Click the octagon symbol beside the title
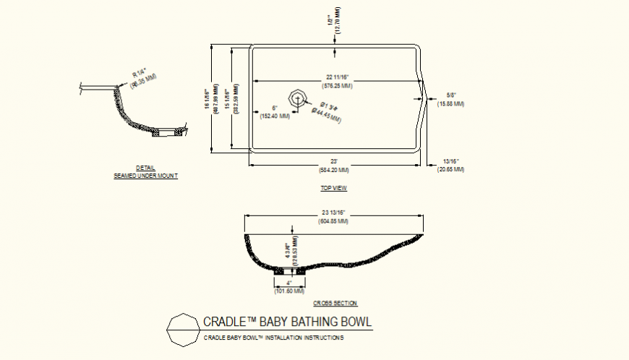(x=181, y=330)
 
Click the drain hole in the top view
(x=297, y=98)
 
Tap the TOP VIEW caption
(x=334, y=188)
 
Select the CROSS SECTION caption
(x=335, y=303)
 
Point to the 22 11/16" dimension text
(x=338, y=77)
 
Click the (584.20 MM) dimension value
(x=334, y=170)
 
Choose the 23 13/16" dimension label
(x=334, y=213)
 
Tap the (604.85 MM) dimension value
(x=334, y=221)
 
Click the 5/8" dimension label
(x=451, y=95)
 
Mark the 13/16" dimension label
(x=451, y=160)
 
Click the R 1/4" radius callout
(x=140, y=74)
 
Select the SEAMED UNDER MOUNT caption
(x=145, y=176)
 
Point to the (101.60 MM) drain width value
(x=289, y=291)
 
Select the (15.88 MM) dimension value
(x=451, y=104)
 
